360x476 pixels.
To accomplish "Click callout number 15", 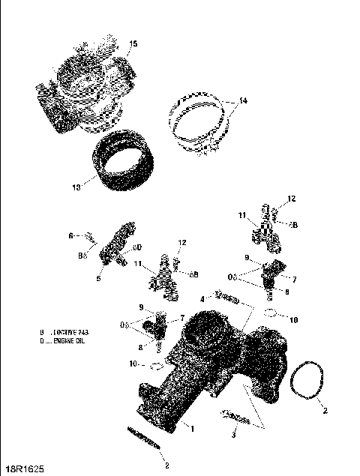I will tap(133, 45).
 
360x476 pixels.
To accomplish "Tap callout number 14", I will tap(242, 100).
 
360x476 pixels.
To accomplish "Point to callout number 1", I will tap(193, 429).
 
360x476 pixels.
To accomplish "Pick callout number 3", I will tap(233, 434).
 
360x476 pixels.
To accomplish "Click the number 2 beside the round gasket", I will tap(325, 411).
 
